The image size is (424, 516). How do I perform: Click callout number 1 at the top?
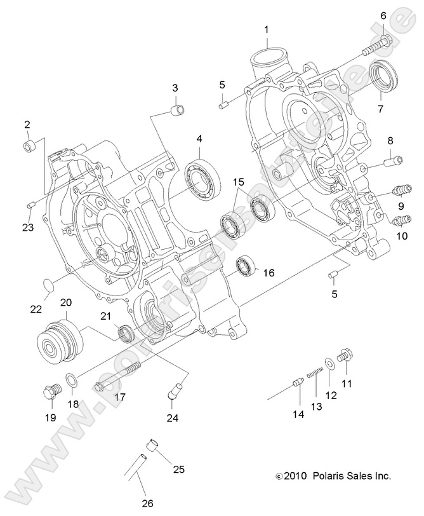[266, 29]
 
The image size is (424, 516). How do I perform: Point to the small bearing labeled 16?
[245, 266]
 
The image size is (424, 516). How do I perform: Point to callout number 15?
[238, 182]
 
